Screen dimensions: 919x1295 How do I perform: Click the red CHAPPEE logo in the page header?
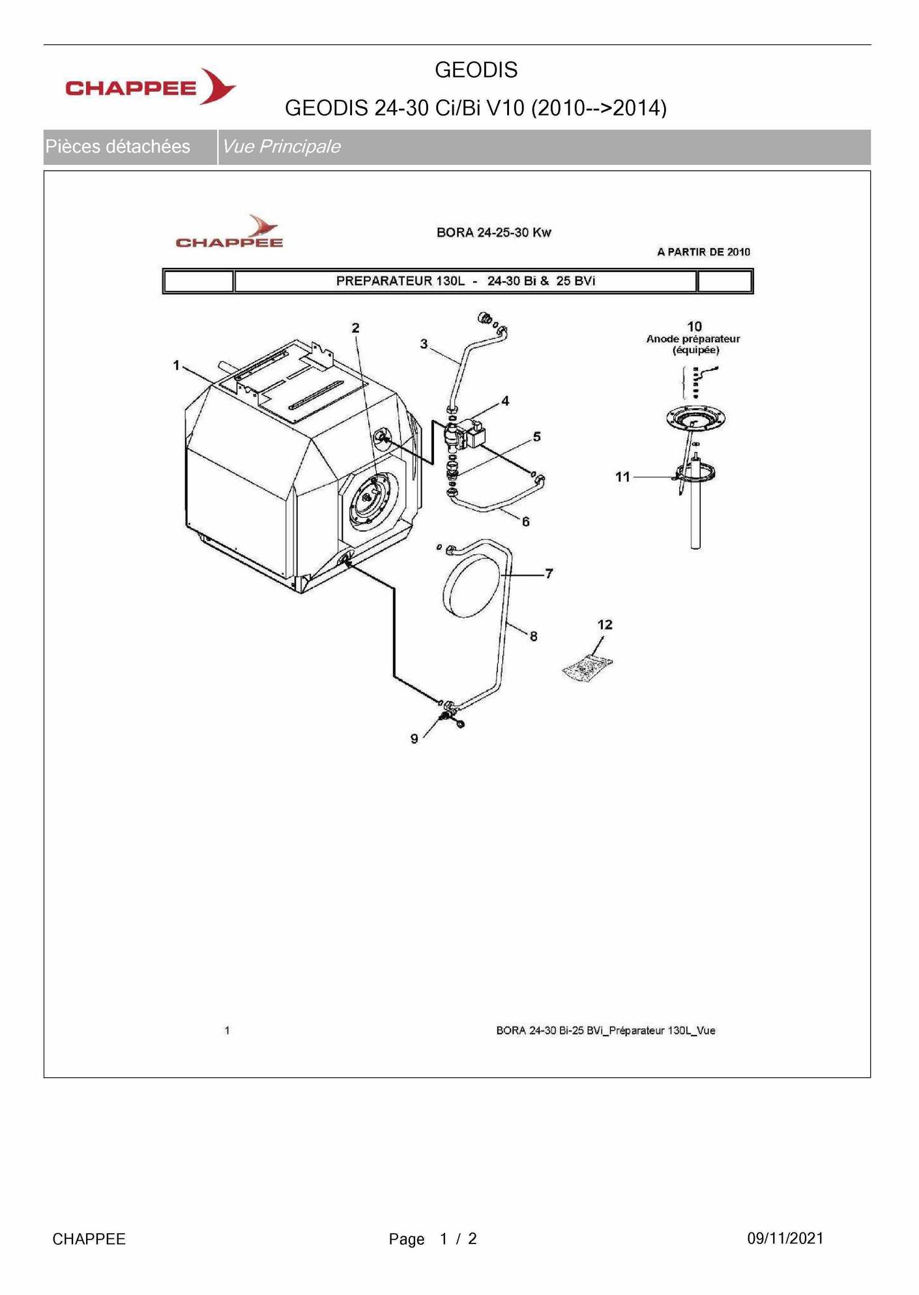pos(151,87)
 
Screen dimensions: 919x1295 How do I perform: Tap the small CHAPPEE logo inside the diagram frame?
pos(229,232)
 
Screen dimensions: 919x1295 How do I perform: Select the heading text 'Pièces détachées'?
pos(117,147)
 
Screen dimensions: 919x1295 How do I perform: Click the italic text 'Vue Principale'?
pos(281,147)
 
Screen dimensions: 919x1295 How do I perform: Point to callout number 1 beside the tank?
pos(176,366)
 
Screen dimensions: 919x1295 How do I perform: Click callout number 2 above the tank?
pos(355,328)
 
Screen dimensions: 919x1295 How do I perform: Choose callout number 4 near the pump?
pos(505,402)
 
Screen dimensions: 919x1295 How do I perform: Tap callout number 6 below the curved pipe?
pos(525,522)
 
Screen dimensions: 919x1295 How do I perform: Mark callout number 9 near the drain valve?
pos(415,739)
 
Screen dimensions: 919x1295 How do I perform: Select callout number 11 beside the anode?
pos(623,477)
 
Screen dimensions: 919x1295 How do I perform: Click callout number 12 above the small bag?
pos(605,625)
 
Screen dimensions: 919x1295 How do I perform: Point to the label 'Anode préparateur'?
pos(693,339)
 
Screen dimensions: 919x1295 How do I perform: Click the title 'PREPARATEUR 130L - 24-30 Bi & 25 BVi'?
pos(465,281)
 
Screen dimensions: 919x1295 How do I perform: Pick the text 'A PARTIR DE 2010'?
pos(703,252)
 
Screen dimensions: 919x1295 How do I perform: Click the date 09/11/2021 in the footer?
pos(785,1239)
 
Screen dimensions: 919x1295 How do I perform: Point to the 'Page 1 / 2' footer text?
pos(433,1239)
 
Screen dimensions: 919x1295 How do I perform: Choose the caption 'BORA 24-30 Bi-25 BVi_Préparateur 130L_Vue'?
pos(605,1031)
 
